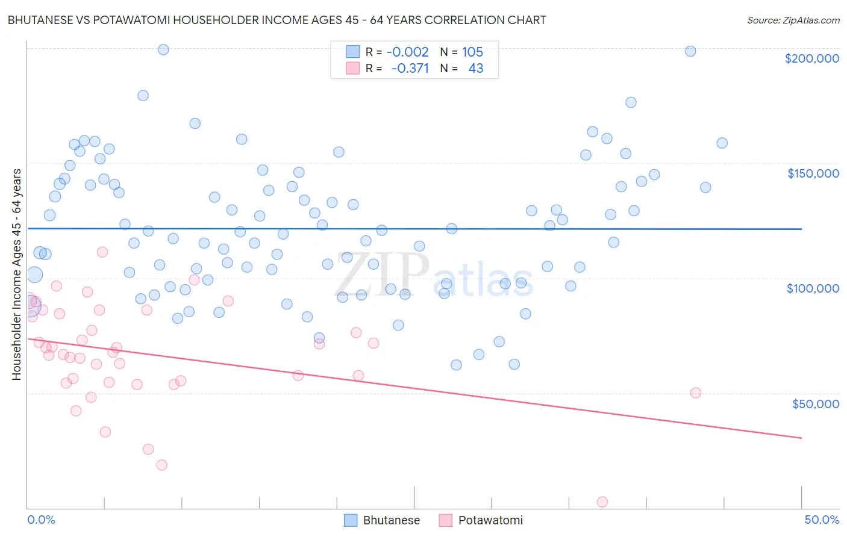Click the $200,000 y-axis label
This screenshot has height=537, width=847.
pyautogui.click(x=811, y=58)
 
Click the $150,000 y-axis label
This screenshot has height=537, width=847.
pyautogui.click(x=813, y=173)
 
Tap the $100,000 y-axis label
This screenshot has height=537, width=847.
pyautogui.click(x=813, y=288)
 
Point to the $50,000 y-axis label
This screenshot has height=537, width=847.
pyautogui.click(x=815, y=403)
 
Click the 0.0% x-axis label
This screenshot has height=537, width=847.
pyautogui.click(x=41, y=520)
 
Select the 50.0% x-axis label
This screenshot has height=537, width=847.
pyautogui.click(x=822, y=520)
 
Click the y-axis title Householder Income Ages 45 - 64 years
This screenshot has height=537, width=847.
pyautogui.click(x=17, y=275)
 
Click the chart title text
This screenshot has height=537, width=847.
pyautogui.click(x=277, y=20)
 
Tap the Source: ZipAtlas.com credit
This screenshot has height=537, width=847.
pyautogui.click(x=793, y=20)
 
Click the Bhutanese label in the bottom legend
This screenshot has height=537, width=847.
pyautogui.click(x=391, y=520)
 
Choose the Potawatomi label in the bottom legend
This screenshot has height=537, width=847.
pyautogui.click(x=490, y=520)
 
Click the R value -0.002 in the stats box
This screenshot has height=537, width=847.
pyautogui.click(x=407, y=52)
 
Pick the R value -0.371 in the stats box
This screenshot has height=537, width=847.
pyautogui.click(x=410, y=68)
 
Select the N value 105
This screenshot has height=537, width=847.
pyautogui.click(x=472, y=52)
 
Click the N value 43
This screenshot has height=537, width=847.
pyautogui.click(x=475, y=68)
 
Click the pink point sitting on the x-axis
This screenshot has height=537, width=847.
pyautogui.click(x=602, y=501)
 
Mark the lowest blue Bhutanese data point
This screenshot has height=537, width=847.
pyautogui.click(x=456, y=365)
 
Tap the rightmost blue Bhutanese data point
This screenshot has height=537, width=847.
pyautogui.click(x=722, y=143)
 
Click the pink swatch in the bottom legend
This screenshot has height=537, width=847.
pyautogui.click(x=445, y=520)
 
